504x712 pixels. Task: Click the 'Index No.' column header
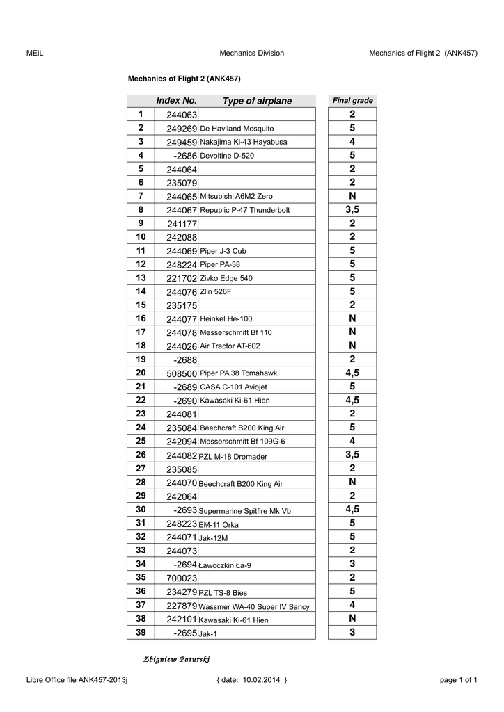coord(176,101)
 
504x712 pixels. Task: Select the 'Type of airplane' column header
coord(257,101)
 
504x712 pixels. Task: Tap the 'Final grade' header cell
coord(353,101)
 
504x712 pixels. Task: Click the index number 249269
coord(182,129)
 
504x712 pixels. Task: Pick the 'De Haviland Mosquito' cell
coord(237,129)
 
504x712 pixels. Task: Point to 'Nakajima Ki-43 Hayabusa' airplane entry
coord(243,142)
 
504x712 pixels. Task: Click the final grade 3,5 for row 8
coord(352,209)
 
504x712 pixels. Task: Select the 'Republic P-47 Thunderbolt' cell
coord(244,210)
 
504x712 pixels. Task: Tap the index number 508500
coord(182,373)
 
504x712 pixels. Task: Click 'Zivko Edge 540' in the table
coord(226,278)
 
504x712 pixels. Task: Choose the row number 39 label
coord(141,632)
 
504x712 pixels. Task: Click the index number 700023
coord(182,578)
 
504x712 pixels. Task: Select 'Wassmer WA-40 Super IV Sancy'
coord(254,606)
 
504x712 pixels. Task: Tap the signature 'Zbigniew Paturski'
coord(176,659)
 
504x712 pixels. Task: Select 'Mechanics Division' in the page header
coord(251,53)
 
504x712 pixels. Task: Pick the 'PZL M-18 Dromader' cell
coord(233,457)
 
